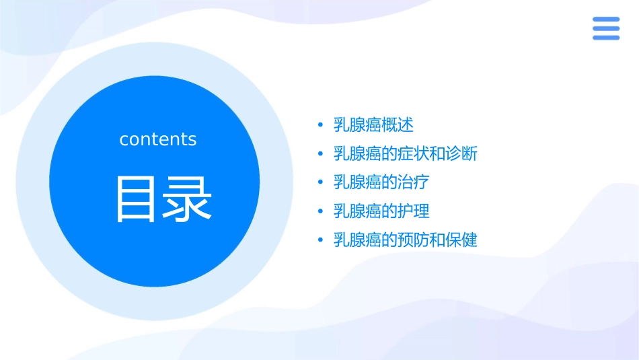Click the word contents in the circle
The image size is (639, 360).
158,139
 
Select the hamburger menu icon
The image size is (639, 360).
605,28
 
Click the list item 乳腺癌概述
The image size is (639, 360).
373,124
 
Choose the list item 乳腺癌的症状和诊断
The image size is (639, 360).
406,153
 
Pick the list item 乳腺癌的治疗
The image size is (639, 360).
381,182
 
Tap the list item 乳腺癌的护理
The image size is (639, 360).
381,211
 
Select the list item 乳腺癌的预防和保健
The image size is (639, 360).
406,240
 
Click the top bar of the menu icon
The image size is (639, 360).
605,20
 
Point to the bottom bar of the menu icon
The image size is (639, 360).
605,37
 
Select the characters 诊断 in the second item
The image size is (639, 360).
461,153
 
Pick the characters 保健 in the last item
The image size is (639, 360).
461,240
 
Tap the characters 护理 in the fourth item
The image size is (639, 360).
414,211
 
